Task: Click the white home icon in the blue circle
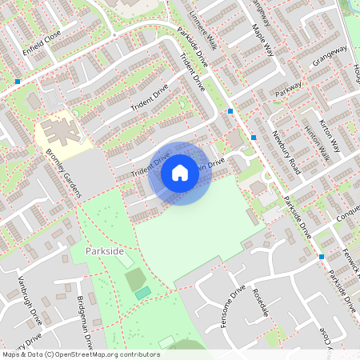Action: tap(180, 173)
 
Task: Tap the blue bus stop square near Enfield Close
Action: tap(18, 81)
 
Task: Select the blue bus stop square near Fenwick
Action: tap(322, 257)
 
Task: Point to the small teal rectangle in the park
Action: tap(142, 294)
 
